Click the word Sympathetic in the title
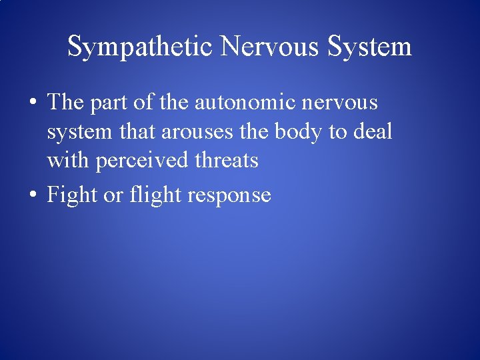141,47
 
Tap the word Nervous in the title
269,47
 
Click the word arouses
198,132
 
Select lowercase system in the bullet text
75,133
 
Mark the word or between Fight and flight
111,196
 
